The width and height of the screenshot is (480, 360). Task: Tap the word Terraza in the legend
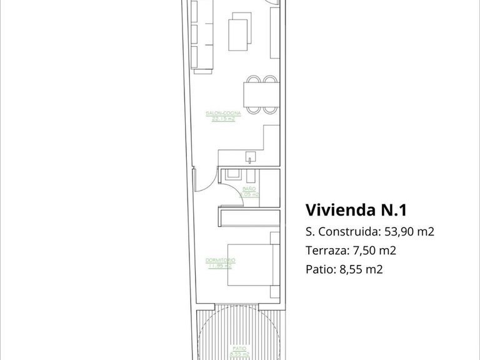pyautogui.click(x=326, y=251)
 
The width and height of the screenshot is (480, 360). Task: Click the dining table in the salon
pyautogui.click(x=261, y=95)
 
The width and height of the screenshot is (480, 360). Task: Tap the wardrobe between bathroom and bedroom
pyautogui.click(x=248, y=217)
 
